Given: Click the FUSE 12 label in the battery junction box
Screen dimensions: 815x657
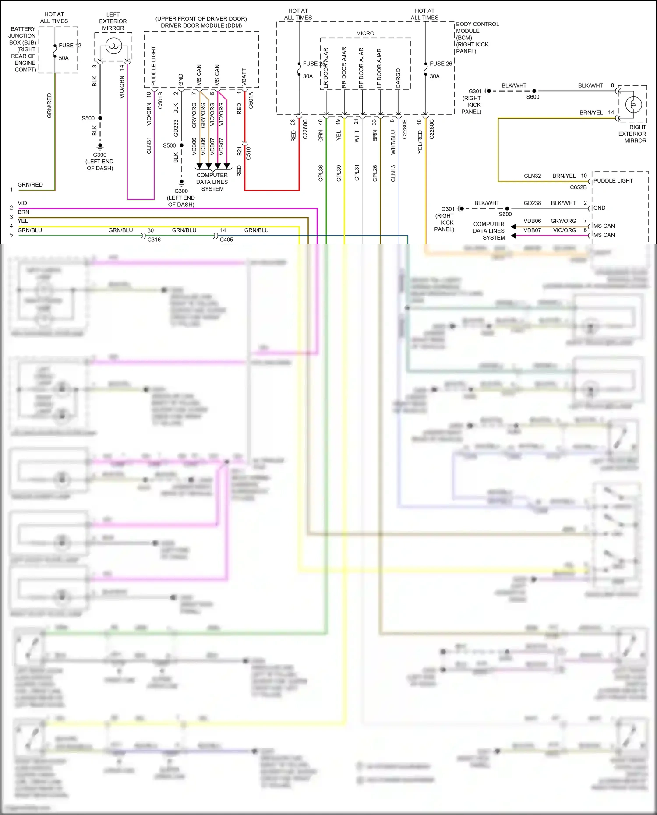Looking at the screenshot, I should click(x=70, y=45).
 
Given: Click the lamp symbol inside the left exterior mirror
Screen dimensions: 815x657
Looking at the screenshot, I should click(x=113, y=46).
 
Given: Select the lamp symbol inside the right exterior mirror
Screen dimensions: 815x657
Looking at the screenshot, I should click(x=633, y=104).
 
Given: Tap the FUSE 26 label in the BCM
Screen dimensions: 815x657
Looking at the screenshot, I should click(x=441, y=64).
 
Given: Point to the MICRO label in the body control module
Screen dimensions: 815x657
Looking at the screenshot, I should click(x=365, y=33).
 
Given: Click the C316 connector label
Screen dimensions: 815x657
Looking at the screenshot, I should click(x=154, y=240).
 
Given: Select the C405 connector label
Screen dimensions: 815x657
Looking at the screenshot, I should click(x=226, y=240).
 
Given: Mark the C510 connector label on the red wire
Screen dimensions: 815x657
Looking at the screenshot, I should click(x=249, y=153).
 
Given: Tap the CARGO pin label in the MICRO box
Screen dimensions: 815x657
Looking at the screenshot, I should click(x=398, y=78).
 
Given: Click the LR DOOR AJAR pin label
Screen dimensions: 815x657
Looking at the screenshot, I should click(x=326, y=68).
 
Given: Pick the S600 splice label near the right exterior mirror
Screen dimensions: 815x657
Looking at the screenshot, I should click(x=533, y=97).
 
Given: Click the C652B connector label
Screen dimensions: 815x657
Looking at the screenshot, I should click(x=578, y=187).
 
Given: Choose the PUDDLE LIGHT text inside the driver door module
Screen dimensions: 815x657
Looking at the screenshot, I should click(x=154, y=66).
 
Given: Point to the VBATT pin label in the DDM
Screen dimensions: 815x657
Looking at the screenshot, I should click(x=244, y=76).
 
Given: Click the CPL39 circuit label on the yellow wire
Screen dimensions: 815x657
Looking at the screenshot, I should click(x=339, y=173).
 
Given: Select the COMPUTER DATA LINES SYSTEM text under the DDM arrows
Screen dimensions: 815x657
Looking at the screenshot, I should click(x=212, y=182).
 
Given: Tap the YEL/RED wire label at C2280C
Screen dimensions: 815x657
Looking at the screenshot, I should click(x=420, y=141).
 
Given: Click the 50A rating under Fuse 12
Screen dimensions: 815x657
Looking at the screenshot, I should click(x=64, y=58).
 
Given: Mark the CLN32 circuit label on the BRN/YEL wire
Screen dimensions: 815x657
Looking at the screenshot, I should click(x=532, y=176).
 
